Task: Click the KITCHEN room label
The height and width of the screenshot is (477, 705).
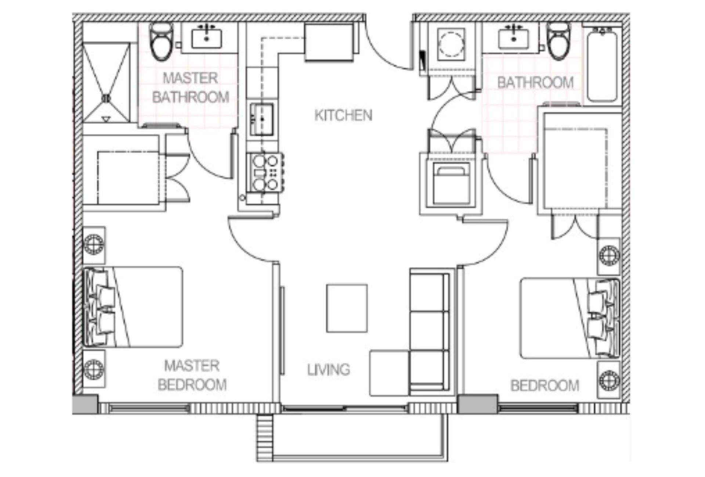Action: click(343, 116)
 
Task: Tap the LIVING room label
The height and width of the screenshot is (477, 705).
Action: click(329, 369)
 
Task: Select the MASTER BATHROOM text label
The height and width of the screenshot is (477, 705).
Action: click(191, 88)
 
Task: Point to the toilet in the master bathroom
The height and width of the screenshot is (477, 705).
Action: click(162, 41)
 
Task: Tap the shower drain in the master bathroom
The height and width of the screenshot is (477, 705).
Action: click(106, 98)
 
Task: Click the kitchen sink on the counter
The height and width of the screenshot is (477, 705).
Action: click(262, 120)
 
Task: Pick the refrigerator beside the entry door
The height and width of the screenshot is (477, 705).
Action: click(329, 41)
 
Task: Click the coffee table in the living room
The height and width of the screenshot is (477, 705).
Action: click(347, 308)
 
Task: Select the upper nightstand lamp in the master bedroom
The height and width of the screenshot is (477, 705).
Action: click(94, 244)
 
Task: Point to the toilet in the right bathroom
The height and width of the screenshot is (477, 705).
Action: click(558, 41)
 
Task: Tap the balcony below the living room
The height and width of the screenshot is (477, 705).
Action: click(352, 437)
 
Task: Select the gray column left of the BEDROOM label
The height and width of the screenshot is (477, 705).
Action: click(478, 404)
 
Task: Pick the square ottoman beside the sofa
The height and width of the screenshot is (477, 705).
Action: click(389, 372)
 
